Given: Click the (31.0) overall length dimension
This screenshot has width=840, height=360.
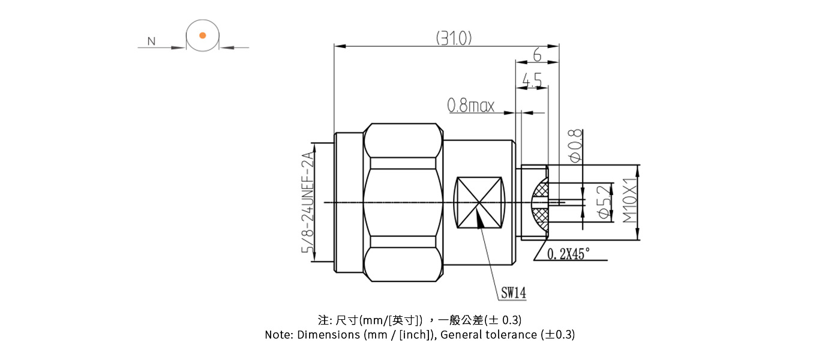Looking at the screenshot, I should pyautogui.click(x=454, y=38).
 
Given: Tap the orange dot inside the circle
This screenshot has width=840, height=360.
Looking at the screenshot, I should pyautogui.click(x=203, y=35).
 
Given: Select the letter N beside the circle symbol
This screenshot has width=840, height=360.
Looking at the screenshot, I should pyautogui.click(x=151, y=41).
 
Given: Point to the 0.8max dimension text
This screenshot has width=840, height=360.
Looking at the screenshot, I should pyautogui.click(x=471, y=106).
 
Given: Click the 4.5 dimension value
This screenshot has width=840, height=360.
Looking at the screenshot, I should pyautogui.click(x=532, y=79).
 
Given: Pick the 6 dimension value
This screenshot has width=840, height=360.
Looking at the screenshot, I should pyautogui.click(x=536, y=55).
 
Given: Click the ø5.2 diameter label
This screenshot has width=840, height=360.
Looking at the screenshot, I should pyautogui.click(x=604, y=203).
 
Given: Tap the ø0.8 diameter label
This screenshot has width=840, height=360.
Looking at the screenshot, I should pyautogui.click(x=574, y=145).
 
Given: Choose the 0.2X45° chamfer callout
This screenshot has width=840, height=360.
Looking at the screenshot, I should pyautogui.click(x=569, y=254).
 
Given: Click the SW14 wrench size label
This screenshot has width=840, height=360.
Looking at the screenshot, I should pyautogui.click(x=514, y=293).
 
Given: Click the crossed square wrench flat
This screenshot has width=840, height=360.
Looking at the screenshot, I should pyautogui.click(x=479, y=203).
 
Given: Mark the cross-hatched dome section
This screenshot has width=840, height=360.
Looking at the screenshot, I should pyautogui.click(x=539, y=203).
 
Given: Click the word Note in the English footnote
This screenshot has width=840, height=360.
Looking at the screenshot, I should pyautogui.click(x=278, y=335).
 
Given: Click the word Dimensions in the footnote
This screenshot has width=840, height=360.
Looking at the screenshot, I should pyautogui.click(x=328, y=335).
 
